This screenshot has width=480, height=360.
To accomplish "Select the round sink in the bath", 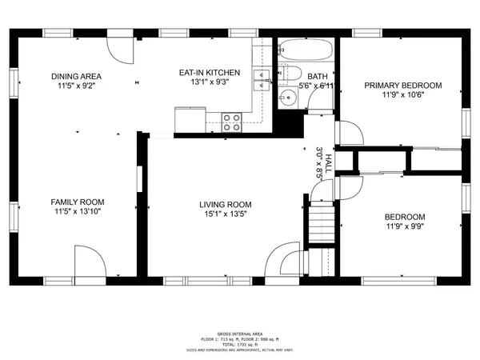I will click(289, 98).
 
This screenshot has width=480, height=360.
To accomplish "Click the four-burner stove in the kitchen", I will click(232, 122).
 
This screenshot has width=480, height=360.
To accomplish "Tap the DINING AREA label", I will click(77, 77).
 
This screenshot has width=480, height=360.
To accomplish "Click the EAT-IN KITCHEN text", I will click(209, 73).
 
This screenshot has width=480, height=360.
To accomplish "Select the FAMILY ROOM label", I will click(78, 202).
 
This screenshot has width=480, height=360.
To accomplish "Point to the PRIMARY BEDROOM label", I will click(403, 85).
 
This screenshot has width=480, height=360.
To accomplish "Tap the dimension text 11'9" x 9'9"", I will click(405, 227).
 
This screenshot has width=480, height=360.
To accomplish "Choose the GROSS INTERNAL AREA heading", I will click(239, 332).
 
